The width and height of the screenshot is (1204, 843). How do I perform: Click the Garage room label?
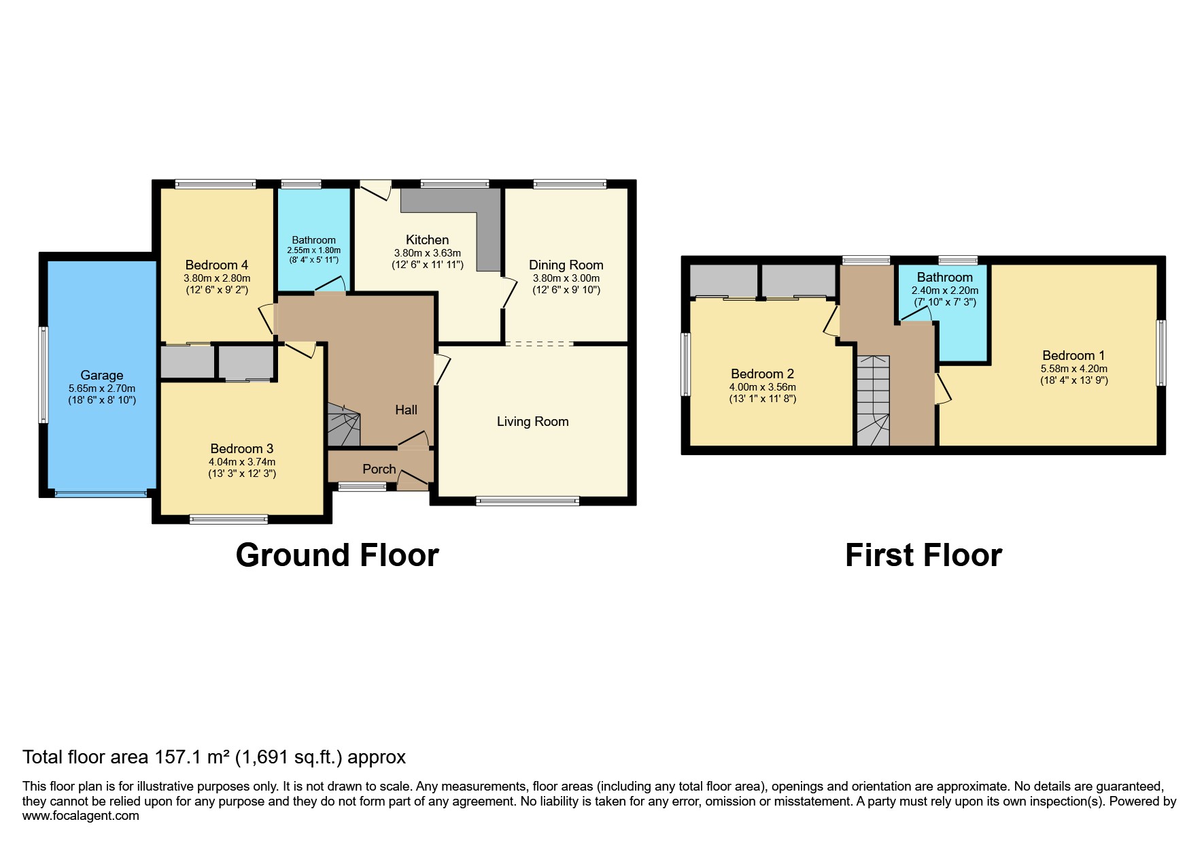(x=101, y=375)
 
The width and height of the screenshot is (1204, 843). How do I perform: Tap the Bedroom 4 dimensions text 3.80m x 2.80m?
(x=216, y=278)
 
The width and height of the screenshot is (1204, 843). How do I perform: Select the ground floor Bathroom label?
(x=313, y=240)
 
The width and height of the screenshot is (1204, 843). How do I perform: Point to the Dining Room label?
(x=566, y=265)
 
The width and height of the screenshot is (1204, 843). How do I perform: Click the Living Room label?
(x=532, y=422)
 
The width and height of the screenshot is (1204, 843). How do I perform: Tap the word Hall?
(x=406, y=410)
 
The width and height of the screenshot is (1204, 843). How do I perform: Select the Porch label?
(x=379, y=469)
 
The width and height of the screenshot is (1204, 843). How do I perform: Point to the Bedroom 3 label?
(x=241, y=448)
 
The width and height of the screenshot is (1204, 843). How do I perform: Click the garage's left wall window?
(x=44, y=374)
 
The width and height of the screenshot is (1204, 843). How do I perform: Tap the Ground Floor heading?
(x=337, y=555)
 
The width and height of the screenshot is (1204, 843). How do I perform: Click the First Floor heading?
(x=923, y=555)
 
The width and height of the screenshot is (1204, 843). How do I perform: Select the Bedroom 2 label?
(x=762, y=374)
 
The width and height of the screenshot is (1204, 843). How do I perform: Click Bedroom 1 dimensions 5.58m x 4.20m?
(x=1073, y=369)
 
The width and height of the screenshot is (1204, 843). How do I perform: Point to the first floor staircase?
(x=872, y=401)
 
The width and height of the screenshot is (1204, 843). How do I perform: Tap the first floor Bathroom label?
(x=944, y=277)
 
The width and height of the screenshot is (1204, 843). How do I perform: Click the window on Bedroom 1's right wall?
(x=1161, y=353)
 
